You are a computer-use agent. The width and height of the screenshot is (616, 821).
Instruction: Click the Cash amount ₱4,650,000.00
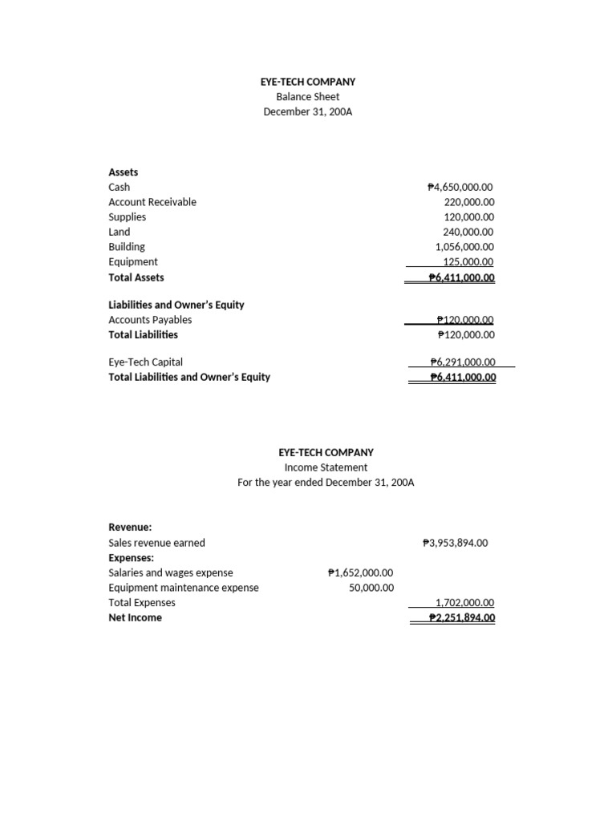point(461,187)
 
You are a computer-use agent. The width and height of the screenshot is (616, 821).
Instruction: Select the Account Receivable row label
point(152,202)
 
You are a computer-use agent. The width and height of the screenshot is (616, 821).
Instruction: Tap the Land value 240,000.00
point(469,232)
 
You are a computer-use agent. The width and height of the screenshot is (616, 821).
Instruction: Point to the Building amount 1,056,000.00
point(464,247)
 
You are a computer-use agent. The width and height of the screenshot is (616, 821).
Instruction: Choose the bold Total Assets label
point(136,277)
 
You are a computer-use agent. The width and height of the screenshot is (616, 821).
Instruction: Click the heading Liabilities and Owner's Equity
point(176,305)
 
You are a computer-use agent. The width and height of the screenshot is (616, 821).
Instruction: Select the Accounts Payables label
point(150,319)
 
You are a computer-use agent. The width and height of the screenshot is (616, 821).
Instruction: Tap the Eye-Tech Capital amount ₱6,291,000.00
point(463,362)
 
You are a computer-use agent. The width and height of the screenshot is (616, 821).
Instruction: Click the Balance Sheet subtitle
point(308,97)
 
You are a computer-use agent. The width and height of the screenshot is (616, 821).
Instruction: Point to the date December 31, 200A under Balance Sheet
point(308,111)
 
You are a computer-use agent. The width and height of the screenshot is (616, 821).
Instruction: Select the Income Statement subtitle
point(326,467)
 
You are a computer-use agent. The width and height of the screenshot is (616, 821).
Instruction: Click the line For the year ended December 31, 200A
point(326,483)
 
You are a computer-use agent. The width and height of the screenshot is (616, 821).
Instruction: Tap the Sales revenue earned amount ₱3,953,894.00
point(455,543)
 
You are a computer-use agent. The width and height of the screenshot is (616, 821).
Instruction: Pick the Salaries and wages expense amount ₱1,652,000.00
point(361,572)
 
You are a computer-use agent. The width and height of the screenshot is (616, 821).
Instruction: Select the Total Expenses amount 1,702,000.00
point(464,603)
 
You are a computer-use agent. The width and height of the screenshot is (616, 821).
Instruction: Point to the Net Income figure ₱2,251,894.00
point(462,618)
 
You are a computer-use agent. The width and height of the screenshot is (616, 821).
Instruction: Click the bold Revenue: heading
point(130,528)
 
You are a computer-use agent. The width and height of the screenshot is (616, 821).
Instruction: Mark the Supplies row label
point(128,217)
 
